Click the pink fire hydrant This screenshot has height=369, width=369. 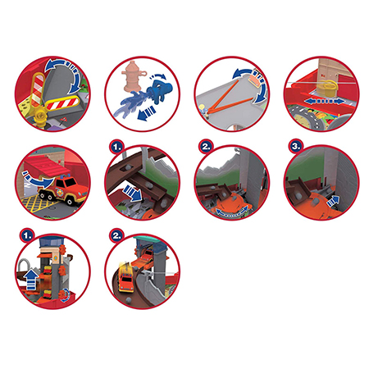point(133,76)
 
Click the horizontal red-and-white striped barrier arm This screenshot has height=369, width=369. point(62,103)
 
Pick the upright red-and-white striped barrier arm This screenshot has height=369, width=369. point(39,90)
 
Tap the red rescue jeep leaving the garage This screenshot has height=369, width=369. point(64,189)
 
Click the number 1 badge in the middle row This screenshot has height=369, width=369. point(116,147)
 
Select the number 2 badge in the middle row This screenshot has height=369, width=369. point(206,146)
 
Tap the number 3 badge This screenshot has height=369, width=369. point(296,146)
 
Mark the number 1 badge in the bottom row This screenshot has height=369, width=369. point(27,235)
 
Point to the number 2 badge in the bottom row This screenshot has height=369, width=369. point(116,235)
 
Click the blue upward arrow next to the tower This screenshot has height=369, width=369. point(31,280)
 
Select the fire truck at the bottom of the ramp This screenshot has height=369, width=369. point(125,278)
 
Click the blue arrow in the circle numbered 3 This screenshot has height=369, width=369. point(333,201)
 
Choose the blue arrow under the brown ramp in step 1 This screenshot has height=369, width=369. point(132,193)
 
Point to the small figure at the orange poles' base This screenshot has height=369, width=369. point(203,111)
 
